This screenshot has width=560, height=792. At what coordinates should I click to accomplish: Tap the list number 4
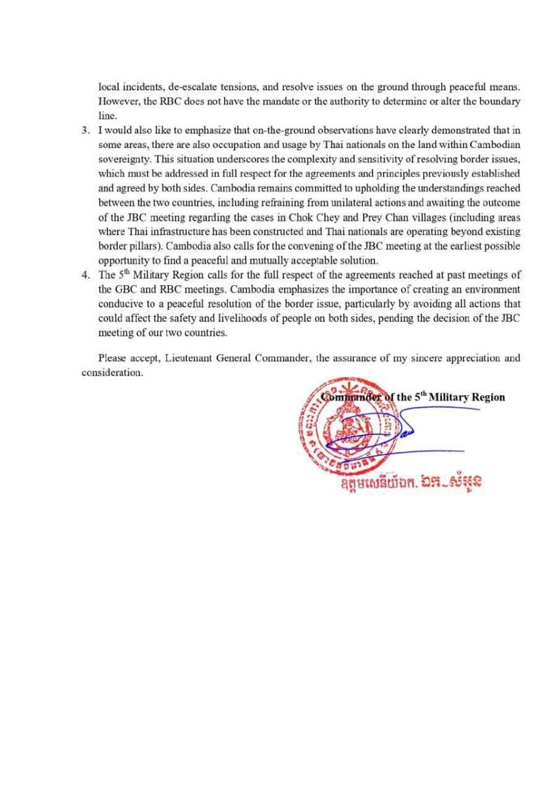point(85,276)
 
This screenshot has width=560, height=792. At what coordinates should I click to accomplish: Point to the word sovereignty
point(122,158)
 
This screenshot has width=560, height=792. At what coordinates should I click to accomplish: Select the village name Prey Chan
point(366,216)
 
